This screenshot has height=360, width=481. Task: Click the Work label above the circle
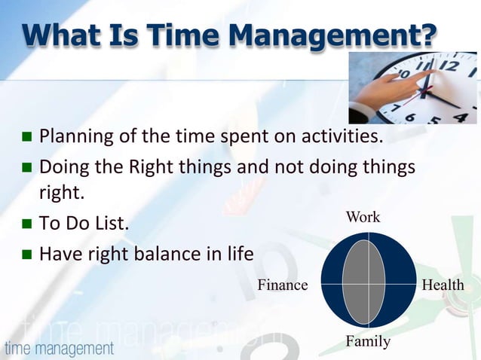click(x=363, y=218)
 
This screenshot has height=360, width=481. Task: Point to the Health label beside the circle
click(x=443, y=285)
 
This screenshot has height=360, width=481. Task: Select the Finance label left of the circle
click(x=283, y=285)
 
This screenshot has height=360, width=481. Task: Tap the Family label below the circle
click(x=368, y=342)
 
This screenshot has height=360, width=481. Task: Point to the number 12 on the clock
click(x=450, y=66)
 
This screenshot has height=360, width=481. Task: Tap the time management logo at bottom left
click(x=59, y=349)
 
